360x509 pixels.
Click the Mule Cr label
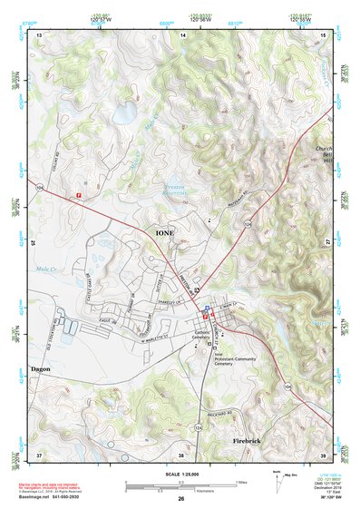tap(45, 269)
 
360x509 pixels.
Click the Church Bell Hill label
tap(324, 156)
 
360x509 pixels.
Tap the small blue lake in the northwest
tap(124, 113)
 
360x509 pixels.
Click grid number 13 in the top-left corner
tap(38, 34)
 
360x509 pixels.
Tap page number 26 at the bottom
tap(180, 499)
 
